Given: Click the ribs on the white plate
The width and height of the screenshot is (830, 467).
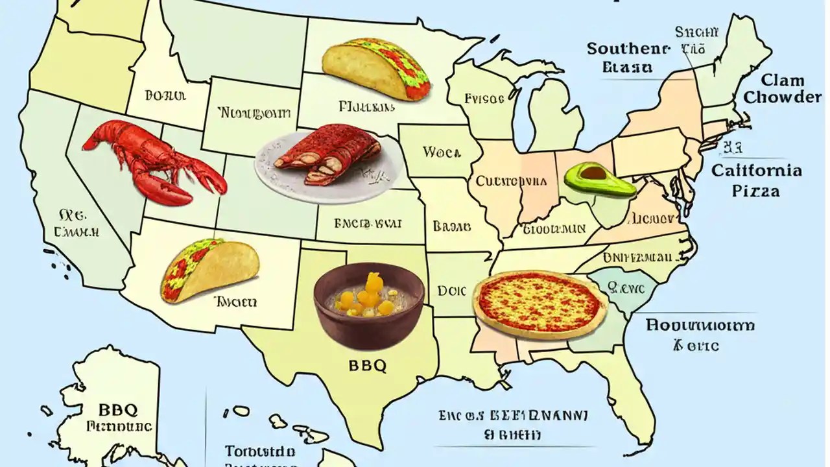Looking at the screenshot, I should [327, 156].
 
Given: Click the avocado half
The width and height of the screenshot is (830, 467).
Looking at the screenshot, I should [600, 180].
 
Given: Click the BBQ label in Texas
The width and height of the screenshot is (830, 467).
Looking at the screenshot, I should [367, 365].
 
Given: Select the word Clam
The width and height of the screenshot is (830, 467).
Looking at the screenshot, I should [783, 81].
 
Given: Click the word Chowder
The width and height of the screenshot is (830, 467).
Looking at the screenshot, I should [783, 98].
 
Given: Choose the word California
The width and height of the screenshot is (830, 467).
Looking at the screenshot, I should [757, 171].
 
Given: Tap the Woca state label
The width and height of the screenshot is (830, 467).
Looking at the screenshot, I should [442, 153].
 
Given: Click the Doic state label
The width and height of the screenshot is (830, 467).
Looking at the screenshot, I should [452, 291].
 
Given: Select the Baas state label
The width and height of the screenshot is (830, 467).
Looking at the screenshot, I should [451, 227].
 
